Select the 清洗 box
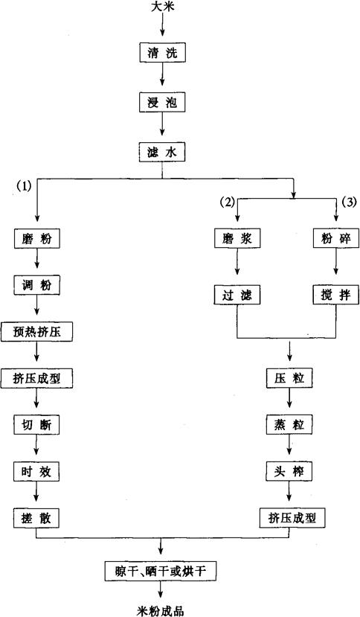[x=162, y=53]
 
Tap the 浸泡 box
[x=162, y=102]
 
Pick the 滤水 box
[x=162, y=152]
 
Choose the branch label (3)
[x=349, y=202]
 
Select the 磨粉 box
[x=36, y=238]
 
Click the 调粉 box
[x=36, y=285]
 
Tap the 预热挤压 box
[x=37, y=332]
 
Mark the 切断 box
[x=36, y=424]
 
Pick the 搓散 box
[x=36, y=518]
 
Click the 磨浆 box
[x=237, y=238]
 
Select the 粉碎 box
[x=336, y=238]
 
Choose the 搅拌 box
[x=336, y=295]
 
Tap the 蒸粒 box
[x=289, y=424]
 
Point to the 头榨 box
[x=289, y=471]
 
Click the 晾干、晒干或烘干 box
[x=161, y=571]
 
